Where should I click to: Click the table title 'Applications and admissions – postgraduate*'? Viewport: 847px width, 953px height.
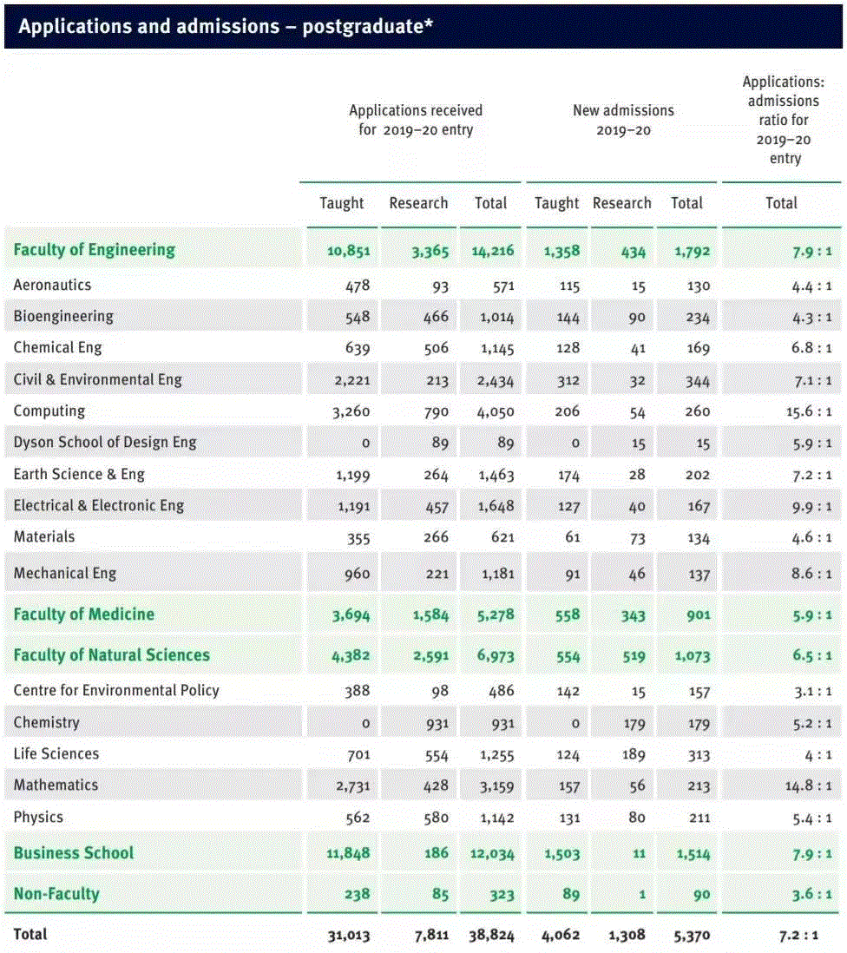pyautogui.click(x=226, y=26)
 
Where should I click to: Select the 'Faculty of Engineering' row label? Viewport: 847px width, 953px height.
pyautogui.click(x=94, y=250)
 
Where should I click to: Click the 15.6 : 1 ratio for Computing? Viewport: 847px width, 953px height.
pyautogui.click(x=809, y=411)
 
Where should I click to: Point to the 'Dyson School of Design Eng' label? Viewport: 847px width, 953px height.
pyautogui.click(x=105, y=443)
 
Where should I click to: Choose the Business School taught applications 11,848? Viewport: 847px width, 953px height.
pyautogui.click(x=348, y=853)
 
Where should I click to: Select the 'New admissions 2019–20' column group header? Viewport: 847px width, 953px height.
pyautogui.click(x=623, y=120)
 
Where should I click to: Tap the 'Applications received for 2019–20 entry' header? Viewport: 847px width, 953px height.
pyautogui.click(x=416, y=120)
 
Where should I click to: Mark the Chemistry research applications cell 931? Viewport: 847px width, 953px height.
pyautogui.click(x=435, y=723)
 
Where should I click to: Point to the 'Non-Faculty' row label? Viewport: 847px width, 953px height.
pyautogui.click(x=56, y=894)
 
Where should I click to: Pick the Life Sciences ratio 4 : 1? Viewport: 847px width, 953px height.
pyautogui.click(x=817, y=754)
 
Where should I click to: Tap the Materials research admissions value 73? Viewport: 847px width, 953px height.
pyautogui.click(x=637, y=538)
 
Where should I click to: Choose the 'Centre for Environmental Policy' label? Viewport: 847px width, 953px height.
pyautogui.click(x=116, y=691)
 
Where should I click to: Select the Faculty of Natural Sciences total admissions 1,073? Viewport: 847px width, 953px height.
pyautogui.click(x=692, y=656)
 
